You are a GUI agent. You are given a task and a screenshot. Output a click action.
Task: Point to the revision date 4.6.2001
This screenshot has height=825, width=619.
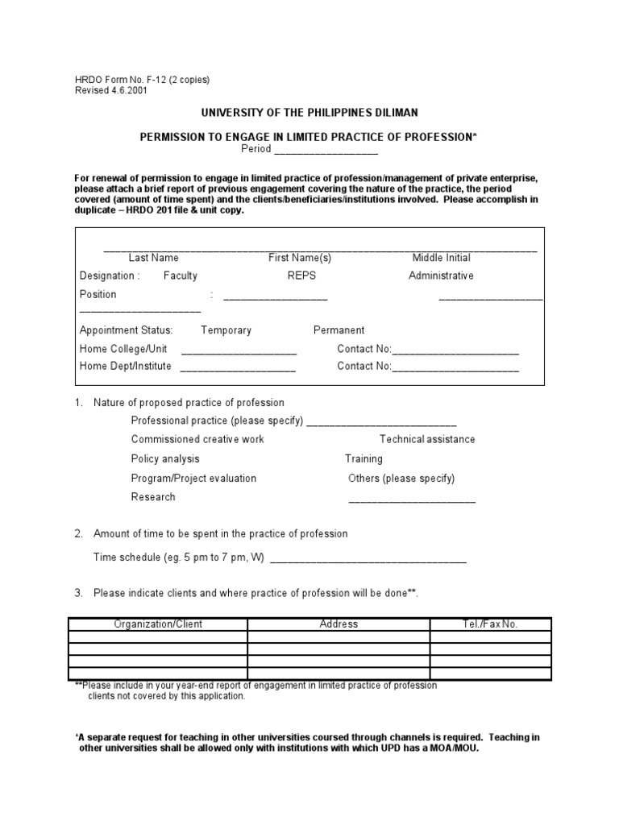point(129,90)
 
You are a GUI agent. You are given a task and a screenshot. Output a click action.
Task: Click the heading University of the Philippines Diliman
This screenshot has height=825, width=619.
point(309,113)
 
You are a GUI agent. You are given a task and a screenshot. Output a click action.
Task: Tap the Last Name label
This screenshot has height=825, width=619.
point(153,258)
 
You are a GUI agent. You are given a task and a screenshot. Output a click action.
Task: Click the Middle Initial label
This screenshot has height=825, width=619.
point(441,258)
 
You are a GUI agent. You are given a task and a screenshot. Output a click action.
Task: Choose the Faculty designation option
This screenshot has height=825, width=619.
point(180,276)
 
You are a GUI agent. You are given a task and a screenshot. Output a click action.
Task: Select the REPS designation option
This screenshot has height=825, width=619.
point(301,276)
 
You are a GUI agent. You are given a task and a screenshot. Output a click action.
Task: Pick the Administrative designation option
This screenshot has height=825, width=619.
point(441,276)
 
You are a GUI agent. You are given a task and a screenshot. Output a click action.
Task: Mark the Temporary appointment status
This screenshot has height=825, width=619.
point(226,330)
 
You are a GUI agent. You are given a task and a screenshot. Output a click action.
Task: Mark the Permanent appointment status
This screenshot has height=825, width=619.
point(339,330)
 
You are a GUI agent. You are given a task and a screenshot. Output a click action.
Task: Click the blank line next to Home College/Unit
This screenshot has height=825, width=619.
point(239,353)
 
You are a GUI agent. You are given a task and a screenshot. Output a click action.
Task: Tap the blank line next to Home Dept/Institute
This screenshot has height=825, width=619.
point(238,370)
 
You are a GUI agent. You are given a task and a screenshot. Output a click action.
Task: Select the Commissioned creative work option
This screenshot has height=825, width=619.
point(197,439)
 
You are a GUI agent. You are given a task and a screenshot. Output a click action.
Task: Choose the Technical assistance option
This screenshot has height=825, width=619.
point(427,439)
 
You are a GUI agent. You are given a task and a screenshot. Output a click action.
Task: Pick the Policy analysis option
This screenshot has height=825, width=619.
point(165,458)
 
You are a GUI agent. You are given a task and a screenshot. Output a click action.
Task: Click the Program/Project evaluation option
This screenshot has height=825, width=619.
point(193,478)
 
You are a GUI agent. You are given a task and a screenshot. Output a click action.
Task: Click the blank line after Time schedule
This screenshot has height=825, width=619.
point(368,560)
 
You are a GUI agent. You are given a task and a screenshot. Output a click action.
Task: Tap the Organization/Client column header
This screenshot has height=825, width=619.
point(158,624)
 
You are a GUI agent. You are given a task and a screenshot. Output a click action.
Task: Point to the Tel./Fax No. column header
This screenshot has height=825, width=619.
point(490,624)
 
